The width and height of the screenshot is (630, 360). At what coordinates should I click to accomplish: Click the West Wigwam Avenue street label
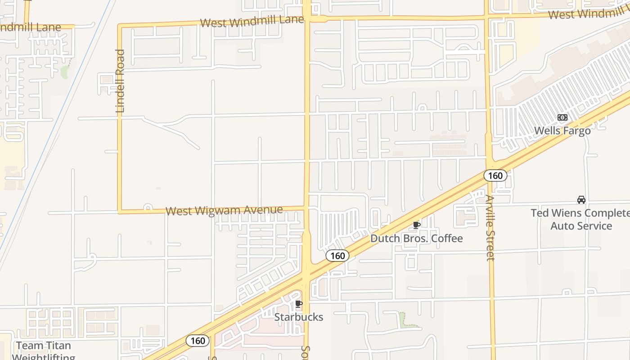(224, 210)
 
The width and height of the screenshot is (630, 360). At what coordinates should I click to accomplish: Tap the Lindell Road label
(120, 81)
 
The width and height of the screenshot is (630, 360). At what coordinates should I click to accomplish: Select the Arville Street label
(490, 228)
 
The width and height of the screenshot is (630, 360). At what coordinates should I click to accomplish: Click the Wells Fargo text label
(562, 130)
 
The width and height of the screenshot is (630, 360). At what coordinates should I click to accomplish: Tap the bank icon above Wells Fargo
(562, 117)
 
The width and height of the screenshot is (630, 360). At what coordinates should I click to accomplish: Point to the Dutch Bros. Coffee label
(416, 238)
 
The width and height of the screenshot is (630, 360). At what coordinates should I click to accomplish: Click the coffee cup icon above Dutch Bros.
(417, 225)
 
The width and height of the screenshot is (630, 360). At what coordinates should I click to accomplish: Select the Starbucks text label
(299, 317)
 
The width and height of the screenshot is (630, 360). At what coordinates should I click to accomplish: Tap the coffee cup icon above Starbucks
(298, 304)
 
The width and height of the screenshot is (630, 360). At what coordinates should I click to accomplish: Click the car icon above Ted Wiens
(581, 199)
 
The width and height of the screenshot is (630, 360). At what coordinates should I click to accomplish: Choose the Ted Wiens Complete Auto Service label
(581, 219)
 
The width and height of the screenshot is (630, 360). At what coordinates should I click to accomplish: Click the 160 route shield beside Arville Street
(495, 175)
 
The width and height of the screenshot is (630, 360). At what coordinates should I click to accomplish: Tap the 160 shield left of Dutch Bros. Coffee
(337, 256)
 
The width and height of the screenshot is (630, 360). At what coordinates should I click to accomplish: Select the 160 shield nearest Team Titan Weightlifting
(198, 341)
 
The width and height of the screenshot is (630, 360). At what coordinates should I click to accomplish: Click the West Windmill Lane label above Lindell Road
(252, 22)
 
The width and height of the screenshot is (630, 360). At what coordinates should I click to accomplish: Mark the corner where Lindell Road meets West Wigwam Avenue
(120, 211)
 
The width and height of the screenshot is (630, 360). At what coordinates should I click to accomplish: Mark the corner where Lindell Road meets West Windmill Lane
(120, 26)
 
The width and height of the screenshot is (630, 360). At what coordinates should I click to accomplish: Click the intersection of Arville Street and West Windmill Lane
(487, 17)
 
